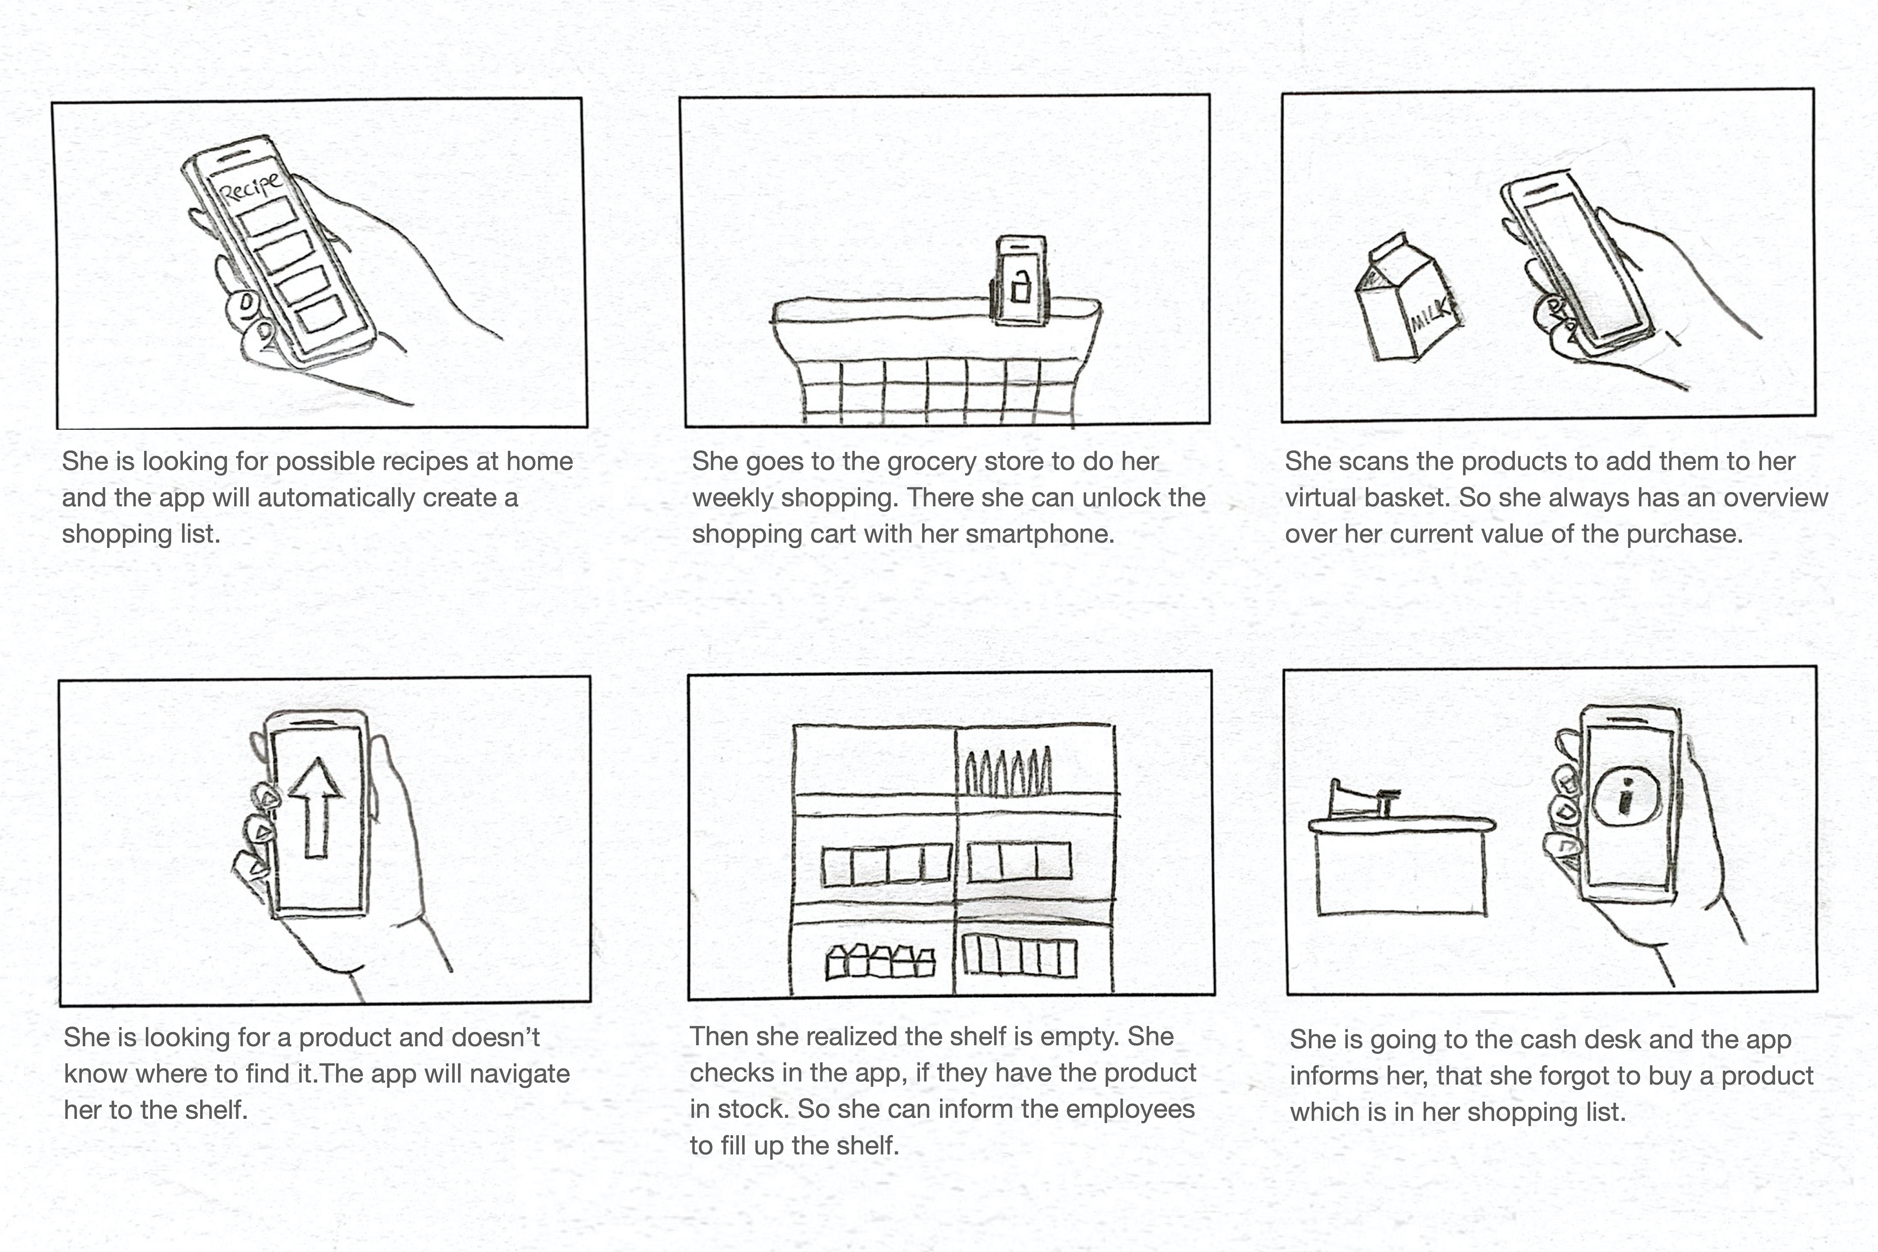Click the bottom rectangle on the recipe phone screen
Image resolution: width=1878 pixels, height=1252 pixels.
tap(320, 314)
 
